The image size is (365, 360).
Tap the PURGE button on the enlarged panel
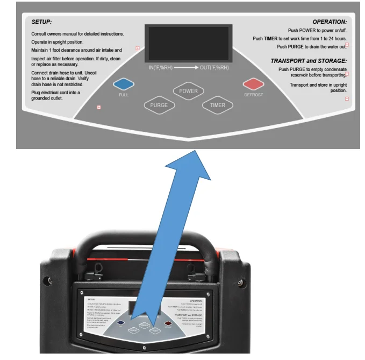pos(160,105)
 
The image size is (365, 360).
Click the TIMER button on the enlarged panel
pos(218,105)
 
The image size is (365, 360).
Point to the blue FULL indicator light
pos(124,83)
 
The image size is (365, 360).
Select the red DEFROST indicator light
pos(253,83)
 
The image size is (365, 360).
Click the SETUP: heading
pos(41,22)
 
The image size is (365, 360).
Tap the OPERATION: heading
pos(330,22)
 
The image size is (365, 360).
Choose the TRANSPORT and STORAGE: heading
pos(309,61)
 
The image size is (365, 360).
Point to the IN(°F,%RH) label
pos(161,68)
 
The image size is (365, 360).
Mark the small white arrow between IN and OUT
pos(187,68)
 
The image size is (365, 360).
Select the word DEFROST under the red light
pos(253,95)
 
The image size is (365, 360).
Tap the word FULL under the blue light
pos(124,95)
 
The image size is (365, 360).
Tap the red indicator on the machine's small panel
pos(168,324)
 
